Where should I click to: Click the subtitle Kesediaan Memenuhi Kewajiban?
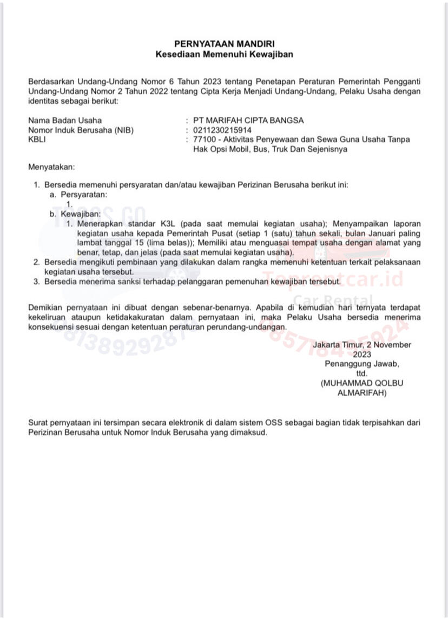(224, 54)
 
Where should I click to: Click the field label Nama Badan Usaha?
(65, 121)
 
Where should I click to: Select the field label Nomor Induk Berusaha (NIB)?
(81, 130)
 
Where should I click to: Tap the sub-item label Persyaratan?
(83, 194)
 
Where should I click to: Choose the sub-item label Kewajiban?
(81, 214)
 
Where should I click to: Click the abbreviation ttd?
(361, 374)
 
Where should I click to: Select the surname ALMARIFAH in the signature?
(361, 393)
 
